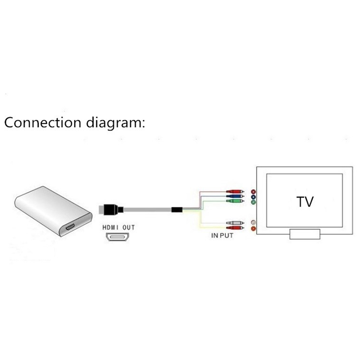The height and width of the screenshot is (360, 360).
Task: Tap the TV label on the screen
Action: coord(305,201)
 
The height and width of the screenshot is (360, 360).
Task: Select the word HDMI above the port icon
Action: coord(110,227)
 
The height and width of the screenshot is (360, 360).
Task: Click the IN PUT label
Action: coord(222,236)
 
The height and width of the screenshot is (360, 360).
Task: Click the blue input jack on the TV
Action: coord(253,197)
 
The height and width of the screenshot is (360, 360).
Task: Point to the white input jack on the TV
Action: coord(253,222)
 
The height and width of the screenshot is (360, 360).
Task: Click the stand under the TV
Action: coord(305,234)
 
